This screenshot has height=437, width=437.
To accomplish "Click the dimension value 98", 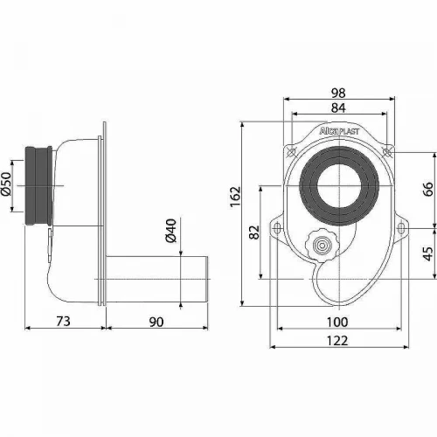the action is click(338, 93).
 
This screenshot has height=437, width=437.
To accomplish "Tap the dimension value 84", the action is click(338, 108).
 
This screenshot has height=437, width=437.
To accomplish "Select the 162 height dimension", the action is click(235, 197).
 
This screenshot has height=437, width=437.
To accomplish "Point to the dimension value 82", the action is click(254, 232).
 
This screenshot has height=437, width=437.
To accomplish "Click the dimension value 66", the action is click(428, 189).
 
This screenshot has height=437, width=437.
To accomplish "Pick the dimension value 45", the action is click(428, 253).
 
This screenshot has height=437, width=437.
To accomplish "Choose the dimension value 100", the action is click(337, 323).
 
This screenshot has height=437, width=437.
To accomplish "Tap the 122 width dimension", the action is click(337, 341).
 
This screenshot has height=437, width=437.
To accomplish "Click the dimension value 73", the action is click(63, 322).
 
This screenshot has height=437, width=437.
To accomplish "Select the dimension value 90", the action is click(156, 322).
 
